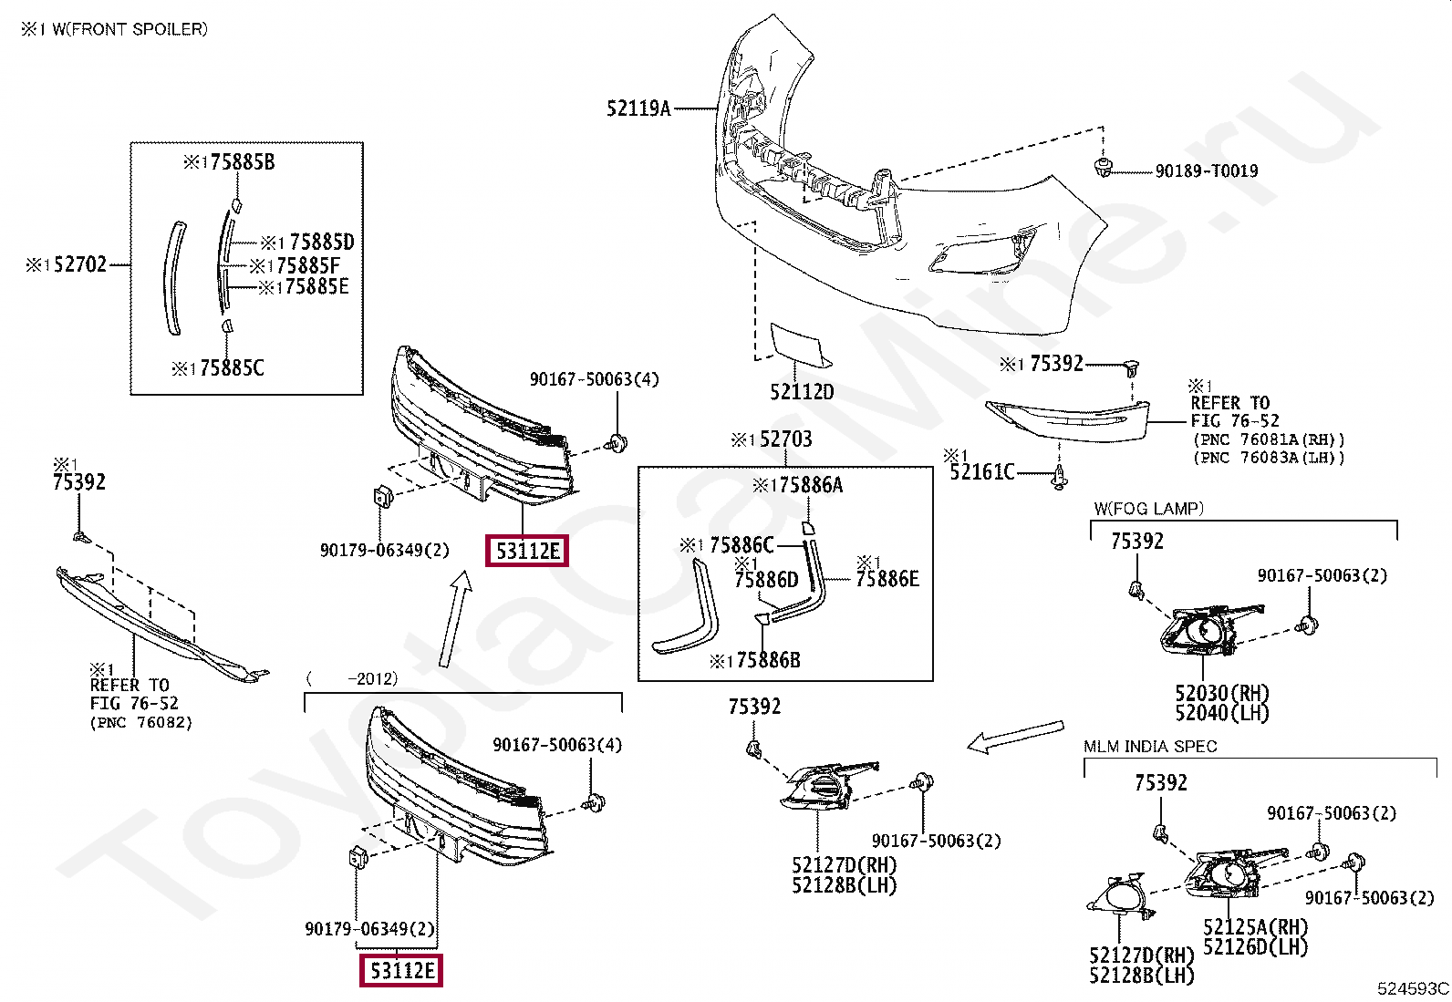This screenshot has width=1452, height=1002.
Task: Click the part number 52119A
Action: (638, 108)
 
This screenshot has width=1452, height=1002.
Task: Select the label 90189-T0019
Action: (1207, 171)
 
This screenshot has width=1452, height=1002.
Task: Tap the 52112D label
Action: (802, 391)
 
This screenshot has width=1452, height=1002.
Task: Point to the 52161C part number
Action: (982, 472)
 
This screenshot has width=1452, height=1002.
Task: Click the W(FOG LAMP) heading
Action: (1148, 509)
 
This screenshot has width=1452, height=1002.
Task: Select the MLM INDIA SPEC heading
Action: (1151, 746)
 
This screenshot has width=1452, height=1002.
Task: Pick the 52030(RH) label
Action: (1222, 693)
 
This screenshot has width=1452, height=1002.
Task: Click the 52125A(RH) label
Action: (1256, 927)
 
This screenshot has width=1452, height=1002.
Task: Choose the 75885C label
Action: (232, 368)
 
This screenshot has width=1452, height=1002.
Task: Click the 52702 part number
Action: (79, 264)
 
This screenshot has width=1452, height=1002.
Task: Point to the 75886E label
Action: (887, 578)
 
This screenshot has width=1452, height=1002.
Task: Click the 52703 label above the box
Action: (785, 439)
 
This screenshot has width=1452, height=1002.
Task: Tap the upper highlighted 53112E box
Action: (527, 551)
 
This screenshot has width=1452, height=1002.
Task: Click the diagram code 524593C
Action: (1413, 988)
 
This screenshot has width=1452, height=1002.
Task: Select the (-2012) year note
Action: (352, 678)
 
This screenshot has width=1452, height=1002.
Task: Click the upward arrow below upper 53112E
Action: (455, 619)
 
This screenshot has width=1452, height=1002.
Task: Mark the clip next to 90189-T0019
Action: (1102, 167)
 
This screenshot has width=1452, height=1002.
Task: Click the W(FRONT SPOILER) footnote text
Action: (130, 29)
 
